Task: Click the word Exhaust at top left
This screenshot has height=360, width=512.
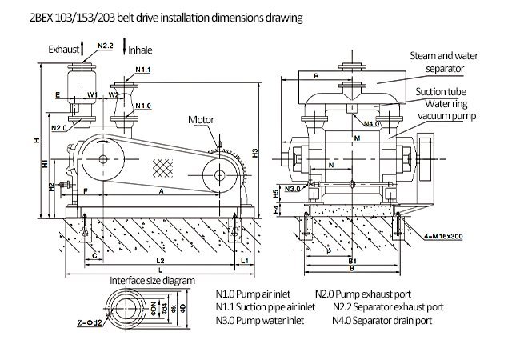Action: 62,49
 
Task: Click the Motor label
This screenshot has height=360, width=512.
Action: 202,120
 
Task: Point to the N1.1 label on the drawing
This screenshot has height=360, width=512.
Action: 142,70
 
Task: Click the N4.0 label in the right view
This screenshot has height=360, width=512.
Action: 371,124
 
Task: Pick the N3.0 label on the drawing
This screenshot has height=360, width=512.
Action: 293,189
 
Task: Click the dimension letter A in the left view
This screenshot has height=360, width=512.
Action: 162,192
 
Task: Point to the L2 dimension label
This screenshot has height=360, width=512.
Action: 159,262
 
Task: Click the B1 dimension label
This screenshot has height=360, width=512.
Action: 351,261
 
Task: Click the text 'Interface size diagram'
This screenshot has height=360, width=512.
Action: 152,281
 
